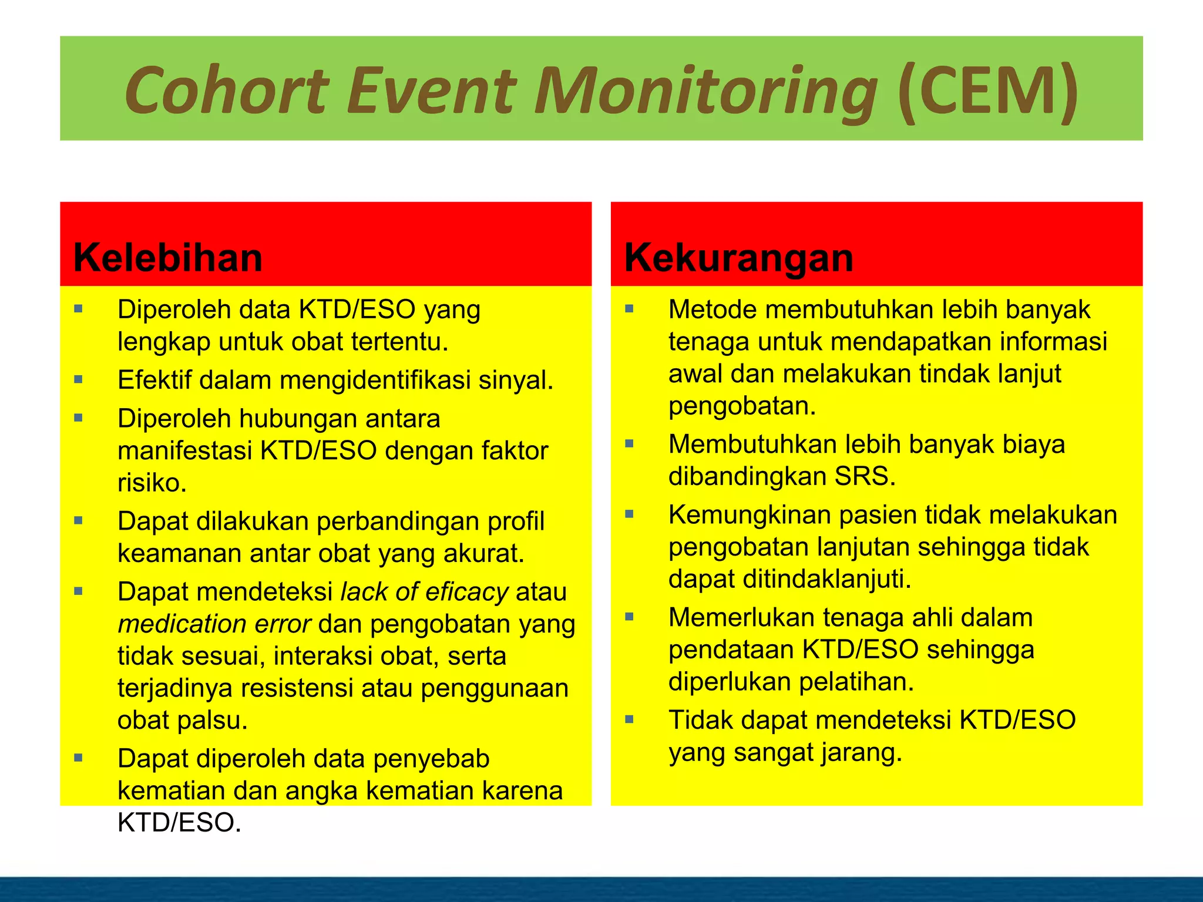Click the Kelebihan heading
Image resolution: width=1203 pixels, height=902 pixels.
click(168, 258)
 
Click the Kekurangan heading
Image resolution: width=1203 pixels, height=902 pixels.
click(738, 258)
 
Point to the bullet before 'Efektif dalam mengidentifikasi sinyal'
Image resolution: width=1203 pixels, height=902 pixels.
click(79, 379)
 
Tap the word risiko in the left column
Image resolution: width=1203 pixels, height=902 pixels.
click(152, 483)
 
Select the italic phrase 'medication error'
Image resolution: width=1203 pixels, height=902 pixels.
click(214, 624)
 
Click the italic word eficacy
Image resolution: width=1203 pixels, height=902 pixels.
click(466, 592)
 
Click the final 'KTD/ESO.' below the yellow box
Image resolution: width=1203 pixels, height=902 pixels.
click(179, 823)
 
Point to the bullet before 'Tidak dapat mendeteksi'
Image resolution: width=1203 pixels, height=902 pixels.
click(630, 719)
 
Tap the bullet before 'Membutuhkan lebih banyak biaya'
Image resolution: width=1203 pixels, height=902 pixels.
click(630, 444)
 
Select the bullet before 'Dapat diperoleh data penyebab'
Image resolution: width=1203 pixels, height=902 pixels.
click(79, 758)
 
